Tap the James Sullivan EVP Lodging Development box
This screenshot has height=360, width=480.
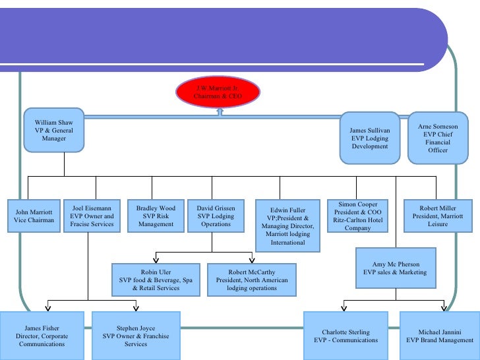click(370, 138)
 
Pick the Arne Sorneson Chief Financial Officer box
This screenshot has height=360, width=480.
click(438, 138)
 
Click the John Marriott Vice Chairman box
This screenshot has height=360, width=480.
click(34, 216)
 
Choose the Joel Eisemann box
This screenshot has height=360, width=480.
click(92, 216)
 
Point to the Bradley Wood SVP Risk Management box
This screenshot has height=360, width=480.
click(156, 216)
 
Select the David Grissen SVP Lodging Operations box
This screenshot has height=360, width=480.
click(216, 216)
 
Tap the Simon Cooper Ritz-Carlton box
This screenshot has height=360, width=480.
click(358, 216)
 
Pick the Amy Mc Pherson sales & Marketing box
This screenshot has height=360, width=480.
click(396, 268)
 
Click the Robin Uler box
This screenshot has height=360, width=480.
click(156, 280)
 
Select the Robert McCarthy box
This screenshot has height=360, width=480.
click(252, 280)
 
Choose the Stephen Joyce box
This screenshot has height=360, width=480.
click(136, 336)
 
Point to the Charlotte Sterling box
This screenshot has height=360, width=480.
click(346, 336)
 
